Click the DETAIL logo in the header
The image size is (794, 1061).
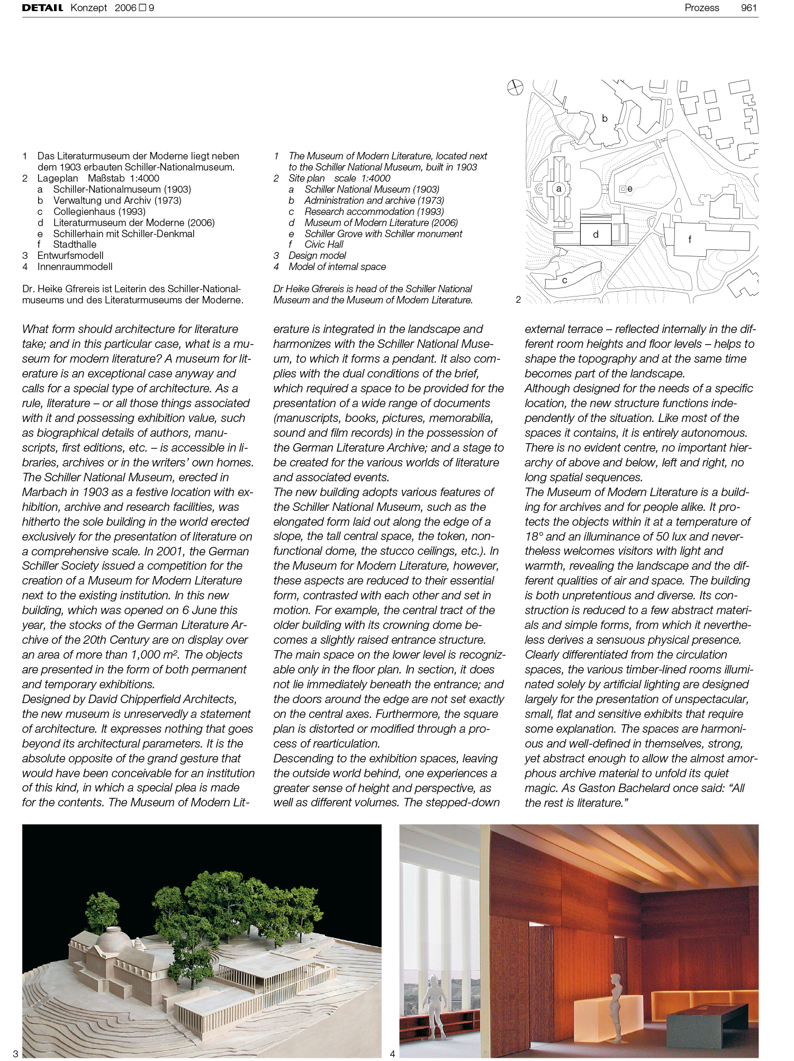tap(42, 8)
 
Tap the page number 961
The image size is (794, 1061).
tap(748, 8)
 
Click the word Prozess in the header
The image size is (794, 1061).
tap(701, 8)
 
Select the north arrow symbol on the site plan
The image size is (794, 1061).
tap(515, 87)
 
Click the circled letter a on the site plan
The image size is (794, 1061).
tap(558, 188)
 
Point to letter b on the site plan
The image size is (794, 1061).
tap(604, 119)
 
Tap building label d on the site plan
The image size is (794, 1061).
tap(595, 234)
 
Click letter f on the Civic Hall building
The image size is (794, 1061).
tap(689, 239)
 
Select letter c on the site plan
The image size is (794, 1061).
tap(564, 280)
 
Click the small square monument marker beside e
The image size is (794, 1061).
tap(622, 188)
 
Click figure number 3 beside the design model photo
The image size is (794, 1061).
tap(15, 1054)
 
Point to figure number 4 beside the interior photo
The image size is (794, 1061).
tap(392, 1054)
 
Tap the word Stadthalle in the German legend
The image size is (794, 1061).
tap(75, 245)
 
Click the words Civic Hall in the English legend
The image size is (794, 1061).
tap(323, 245)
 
